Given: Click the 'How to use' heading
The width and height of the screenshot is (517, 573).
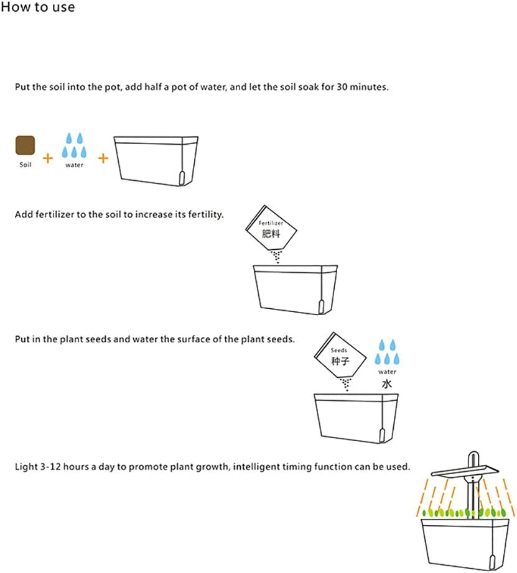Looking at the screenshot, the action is (x=38, y=7).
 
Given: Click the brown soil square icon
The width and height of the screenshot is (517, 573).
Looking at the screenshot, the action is (x=26, y=145).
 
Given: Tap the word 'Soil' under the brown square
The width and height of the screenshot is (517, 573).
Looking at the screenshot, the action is (x=26, y=165).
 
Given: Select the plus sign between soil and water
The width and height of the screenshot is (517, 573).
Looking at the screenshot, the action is (x=48, y=158).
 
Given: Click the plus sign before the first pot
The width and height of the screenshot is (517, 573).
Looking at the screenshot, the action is (x=103, y=158).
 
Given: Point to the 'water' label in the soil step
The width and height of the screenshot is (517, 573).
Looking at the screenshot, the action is (x=74, y=165).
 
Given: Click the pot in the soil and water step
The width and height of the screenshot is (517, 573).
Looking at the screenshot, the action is (x=156, y=161).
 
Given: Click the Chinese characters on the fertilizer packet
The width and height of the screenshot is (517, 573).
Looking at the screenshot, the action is (x=271, y=233).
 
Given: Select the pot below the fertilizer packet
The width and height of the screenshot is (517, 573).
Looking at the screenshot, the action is (x=296, y=290).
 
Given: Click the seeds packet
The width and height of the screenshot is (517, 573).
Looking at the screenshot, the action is (x=340, y=355).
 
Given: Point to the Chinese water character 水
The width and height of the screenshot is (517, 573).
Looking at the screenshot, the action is (x=387, y=383).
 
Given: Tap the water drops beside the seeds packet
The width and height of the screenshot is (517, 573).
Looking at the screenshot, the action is (x=387, y=352).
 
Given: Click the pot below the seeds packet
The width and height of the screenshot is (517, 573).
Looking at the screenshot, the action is (x=356, y=418).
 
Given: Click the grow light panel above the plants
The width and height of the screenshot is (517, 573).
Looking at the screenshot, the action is (x=465, y=470).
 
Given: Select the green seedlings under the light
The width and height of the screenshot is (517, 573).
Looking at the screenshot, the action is (x=464, y=512).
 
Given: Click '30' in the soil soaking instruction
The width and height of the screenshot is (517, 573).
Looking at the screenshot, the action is (x=342, y=87).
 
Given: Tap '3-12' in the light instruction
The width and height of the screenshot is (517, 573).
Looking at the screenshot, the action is (x=50, y=467).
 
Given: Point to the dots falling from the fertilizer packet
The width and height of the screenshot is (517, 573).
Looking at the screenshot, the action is (x=277, y=256).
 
